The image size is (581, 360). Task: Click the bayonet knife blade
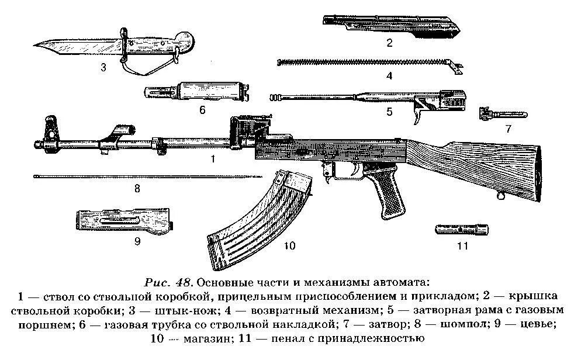[70, 46]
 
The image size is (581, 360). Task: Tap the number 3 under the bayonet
[103, 67]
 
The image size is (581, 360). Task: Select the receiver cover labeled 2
[392, 25]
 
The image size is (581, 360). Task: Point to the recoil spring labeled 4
[362, 61]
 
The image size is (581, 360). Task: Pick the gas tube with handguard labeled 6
[199, 92]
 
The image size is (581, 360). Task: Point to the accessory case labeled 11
[461, 229]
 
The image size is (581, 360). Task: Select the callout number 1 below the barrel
[213, 158]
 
